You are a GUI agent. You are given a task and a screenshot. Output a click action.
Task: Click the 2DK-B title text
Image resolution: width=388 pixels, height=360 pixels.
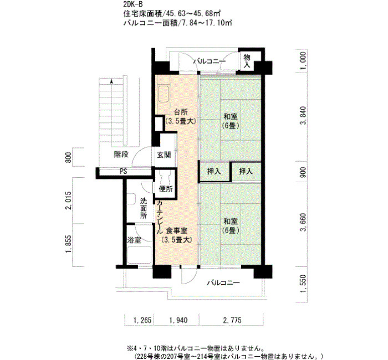tap(133, 4)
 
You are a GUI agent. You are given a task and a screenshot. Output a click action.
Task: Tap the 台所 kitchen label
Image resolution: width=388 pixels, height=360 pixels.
tap(181, 112)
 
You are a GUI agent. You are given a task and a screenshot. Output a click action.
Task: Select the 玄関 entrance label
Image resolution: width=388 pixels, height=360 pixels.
tap(164, 155)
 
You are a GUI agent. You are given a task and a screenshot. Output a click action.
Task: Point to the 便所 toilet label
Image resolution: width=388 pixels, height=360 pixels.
tap(166, 189)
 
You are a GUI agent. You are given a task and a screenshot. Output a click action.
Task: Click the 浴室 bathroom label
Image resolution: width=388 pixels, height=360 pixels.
tap(134, 240)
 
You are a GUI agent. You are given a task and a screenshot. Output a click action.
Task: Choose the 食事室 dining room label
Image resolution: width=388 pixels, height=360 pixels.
tap(176, 231)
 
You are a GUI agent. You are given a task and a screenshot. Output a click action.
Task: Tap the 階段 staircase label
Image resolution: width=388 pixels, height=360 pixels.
tap(121, 155)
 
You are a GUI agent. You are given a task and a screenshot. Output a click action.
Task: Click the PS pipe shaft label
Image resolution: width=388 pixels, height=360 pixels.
tap(124, 171)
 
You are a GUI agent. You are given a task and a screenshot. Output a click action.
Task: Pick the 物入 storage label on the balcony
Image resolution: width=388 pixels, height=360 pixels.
tap(247, 61)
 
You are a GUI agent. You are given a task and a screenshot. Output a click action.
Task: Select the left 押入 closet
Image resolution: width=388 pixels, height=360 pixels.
tap(214, 171)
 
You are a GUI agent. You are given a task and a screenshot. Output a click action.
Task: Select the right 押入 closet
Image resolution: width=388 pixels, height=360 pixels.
tap(246, 171)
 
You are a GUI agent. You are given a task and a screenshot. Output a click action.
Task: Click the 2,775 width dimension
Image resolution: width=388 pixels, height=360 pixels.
tap(232, 321)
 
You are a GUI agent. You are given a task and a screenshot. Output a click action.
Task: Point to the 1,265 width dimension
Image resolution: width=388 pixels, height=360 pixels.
tap(142, 321)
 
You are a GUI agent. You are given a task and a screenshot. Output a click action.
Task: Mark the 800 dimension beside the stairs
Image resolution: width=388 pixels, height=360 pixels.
tap(68, 157)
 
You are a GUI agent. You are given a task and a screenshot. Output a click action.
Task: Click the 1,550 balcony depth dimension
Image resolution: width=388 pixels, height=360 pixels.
tap(303, 284)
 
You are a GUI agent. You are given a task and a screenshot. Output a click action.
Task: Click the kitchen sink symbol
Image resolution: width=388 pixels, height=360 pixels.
tap(164, 94)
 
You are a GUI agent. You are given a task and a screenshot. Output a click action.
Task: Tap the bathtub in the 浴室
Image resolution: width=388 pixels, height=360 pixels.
tap(139, 255)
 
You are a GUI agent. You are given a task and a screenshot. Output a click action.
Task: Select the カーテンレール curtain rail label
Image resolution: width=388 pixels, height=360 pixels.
tap(160, 217)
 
